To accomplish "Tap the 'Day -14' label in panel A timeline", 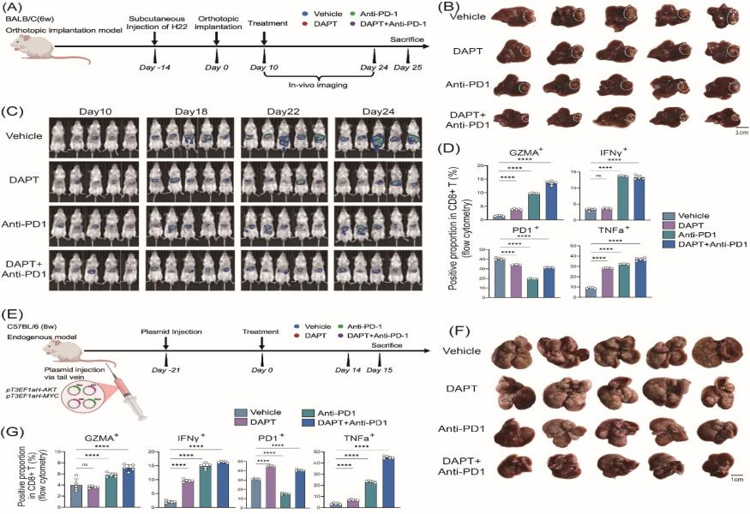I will (x=154, y=67).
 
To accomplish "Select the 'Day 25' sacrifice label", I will (x=407, y=67).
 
